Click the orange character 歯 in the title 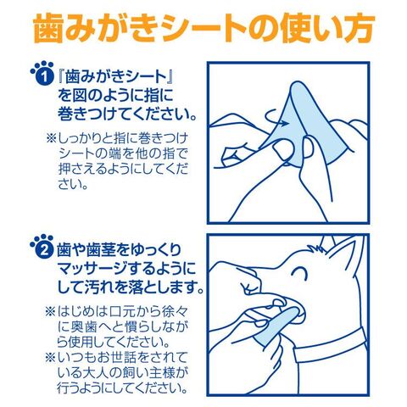click(48, 28)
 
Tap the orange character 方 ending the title click(360, 28)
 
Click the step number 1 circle click(45, 77)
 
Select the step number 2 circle click(44, 250)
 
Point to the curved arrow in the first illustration click(276, 117)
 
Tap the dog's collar click(331, 346)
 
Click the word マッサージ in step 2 click(92, 269)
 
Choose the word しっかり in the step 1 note click(80, 139)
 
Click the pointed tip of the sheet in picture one click(298, 82)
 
